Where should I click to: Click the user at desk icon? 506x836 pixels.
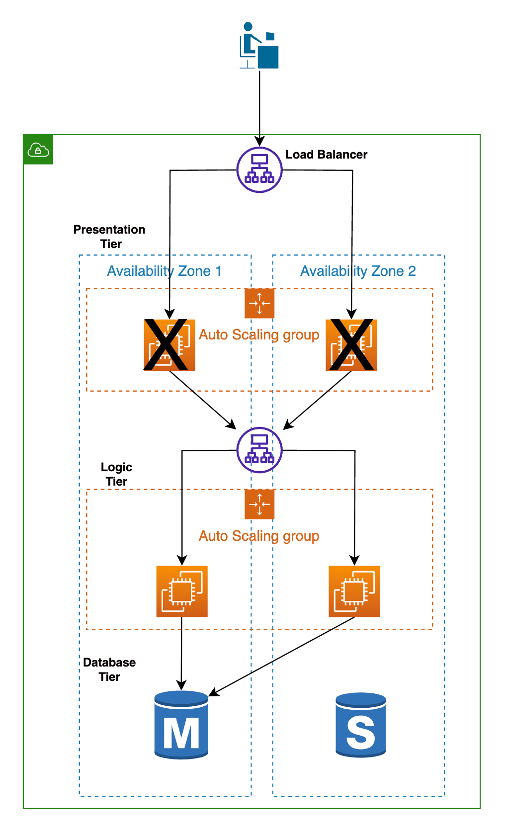tap(259, 45)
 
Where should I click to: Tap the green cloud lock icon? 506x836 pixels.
tap(38, 149)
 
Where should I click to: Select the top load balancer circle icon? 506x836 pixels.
tap(259, 170)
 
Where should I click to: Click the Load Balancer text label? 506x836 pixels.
tap(326, 155)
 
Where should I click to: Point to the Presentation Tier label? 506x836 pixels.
tap(109, 237)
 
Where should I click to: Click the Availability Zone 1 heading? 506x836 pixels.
tap(164, 271)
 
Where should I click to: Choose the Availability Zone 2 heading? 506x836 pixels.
tap(358, 271)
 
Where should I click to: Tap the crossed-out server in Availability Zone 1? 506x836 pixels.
tap(169, 344)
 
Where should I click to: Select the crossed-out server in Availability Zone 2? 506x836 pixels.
tap(351, 344)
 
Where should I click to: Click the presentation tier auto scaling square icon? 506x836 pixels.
tap(259, 303)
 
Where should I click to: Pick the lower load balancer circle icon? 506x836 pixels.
tap(259, 450)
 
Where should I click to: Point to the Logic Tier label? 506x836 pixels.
tap(116, 474)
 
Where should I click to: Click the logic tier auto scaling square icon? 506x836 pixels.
tap(259, 504)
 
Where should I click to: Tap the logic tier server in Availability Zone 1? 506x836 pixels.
tap(182, 591)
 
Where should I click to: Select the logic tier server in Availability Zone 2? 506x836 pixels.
tap(354, 591)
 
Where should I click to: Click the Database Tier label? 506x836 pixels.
tap(109, 669)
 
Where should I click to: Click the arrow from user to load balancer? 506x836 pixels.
tap(259, 104)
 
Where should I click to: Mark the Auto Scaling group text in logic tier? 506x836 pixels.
tap(259, 536)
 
